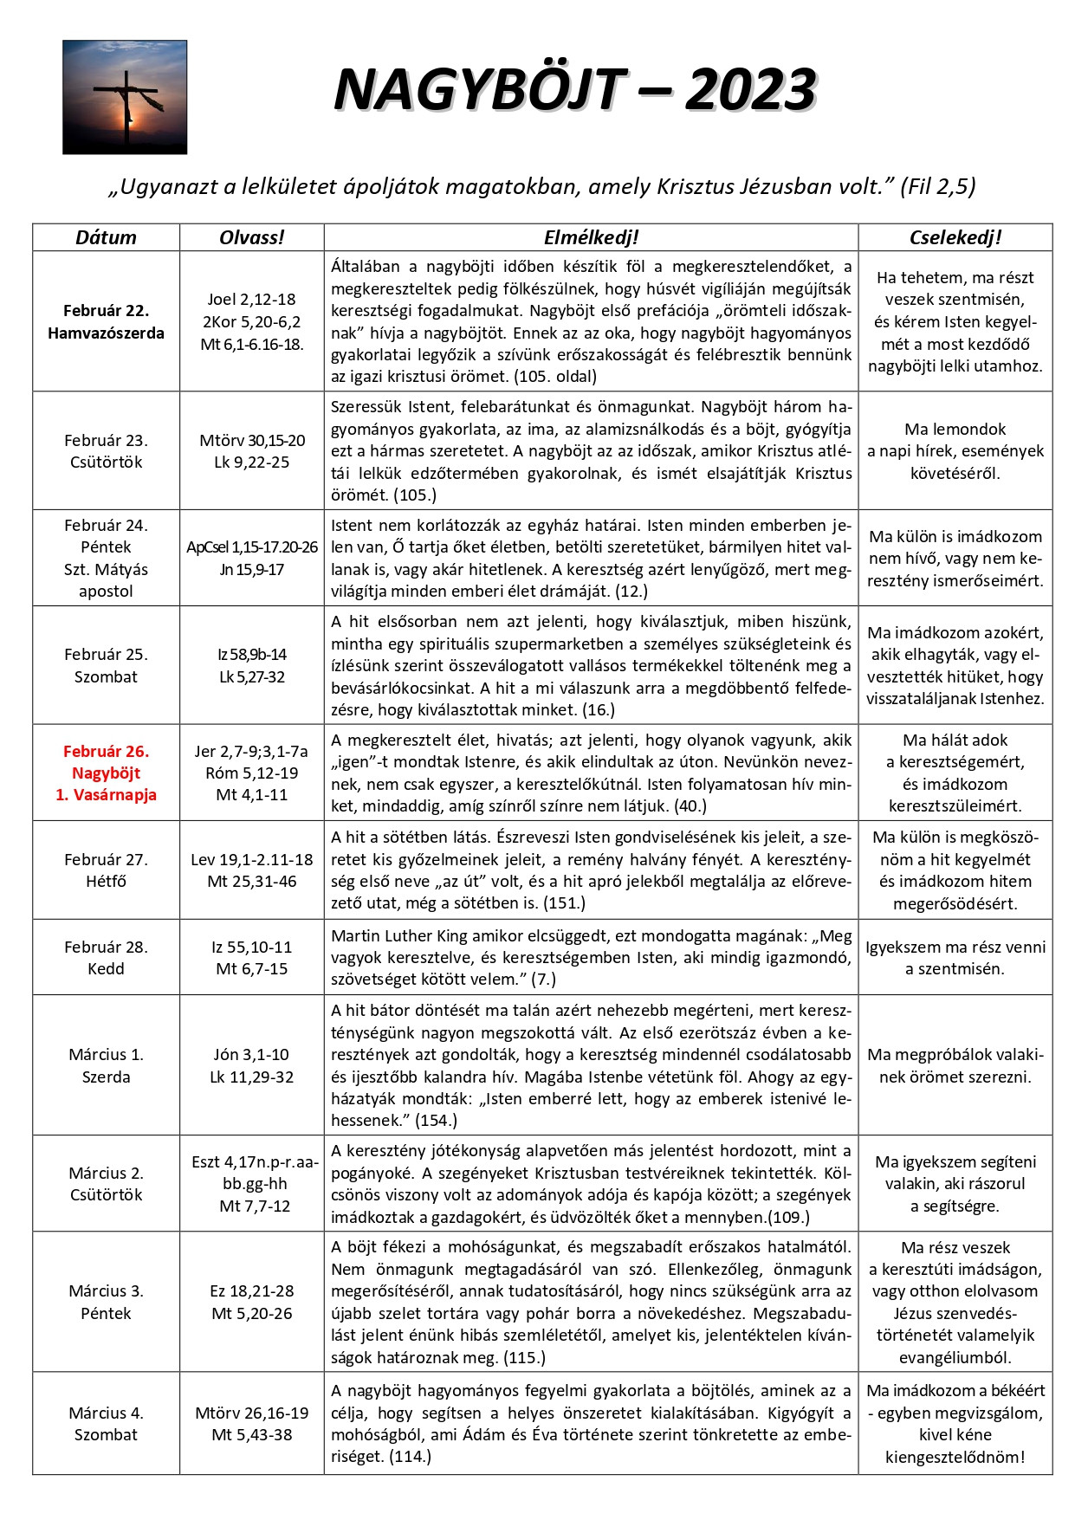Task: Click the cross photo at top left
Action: pos(125,97)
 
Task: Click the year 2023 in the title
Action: pos(750,90)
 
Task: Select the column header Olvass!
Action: pos(251,237)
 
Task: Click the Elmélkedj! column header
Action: pos(591,237)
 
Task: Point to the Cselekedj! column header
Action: pos(955,237)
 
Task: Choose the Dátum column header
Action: pos(106,237)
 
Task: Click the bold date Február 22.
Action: pos(106,310)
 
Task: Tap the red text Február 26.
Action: pos(106,751)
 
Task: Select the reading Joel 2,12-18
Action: pos(251,299)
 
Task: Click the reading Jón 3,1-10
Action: pos(251,1054)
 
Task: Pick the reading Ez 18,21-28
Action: pos(251,1290)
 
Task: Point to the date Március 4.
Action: pos(106,1413)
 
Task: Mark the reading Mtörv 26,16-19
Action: pos(251,1413)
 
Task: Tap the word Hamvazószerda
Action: pos(106,333)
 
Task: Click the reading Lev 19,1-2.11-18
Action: pos(251,859)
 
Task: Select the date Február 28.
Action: pos(106,947)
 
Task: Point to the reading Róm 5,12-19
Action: pos(251,773)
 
